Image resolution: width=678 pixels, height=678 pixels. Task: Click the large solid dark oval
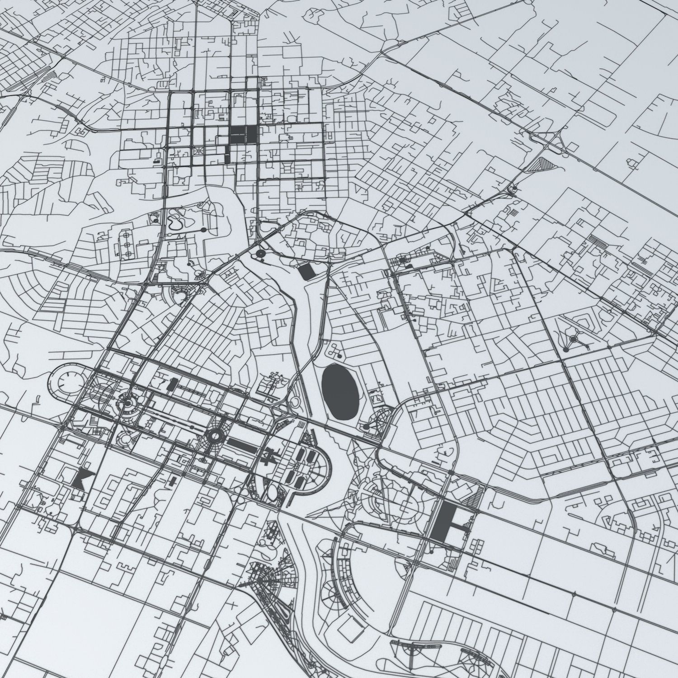(340, 391)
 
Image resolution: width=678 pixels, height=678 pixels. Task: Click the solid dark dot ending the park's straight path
(203, 230)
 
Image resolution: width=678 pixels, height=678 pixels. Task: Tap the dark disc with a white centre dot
(261, 254)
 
